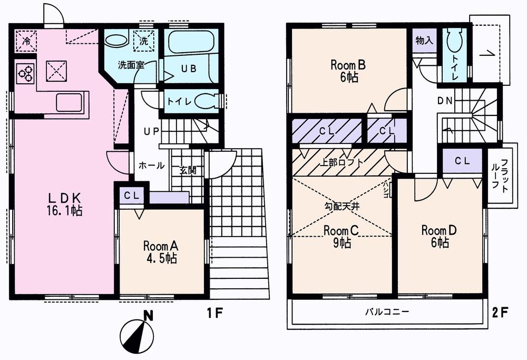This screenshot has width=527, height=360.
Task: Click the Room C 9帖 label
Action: (x=341, y=236)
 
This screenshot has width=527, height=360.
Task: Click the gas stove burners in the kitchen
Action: (x=25, y=74)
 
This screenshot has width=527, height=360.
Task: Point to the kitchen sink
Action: (x=69, y=103)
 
